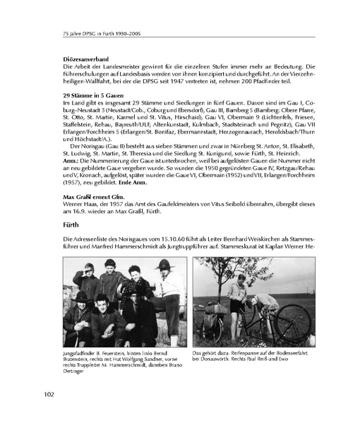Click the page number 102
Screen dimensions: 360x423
[54, 393]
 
